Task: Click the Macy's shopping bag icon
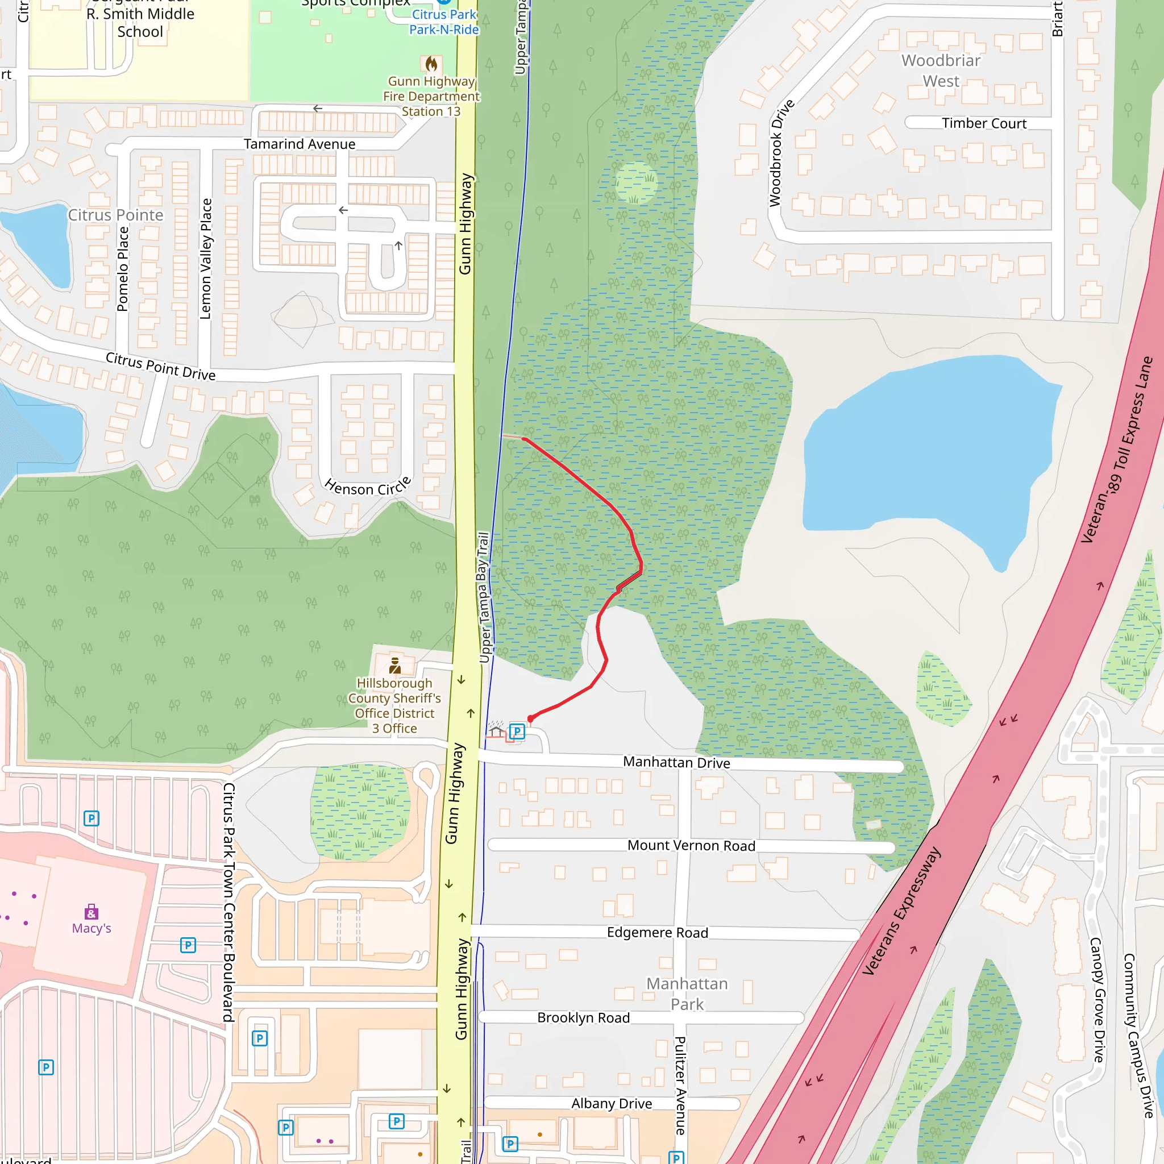(92, 911)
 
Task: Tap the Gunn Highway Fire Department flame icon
(431, 64)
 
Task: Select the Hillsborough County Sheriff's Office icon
(395, 666)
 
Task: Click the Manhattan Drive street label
(676, 763)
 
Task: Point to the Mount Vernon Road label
(691, 845)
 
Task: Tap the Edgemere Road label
(658, 933)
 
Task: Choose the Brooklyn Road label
(583, 1017)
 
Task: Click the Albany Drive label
(612, 1103)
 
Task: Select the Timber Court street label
(984, 123)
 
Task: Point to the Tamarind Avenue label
(300, 144)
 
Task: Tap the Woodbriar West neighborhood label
(941, 70)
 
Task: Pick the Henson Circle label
(368, 485)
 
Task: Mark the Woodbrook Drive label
(781, 153)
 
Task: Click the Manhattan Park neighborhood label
(687, 993)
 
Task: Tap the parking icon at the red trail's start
(517, 731)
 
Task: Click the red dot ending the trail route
(531, 718)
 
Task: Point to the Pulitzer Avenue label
(680, 1085)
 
